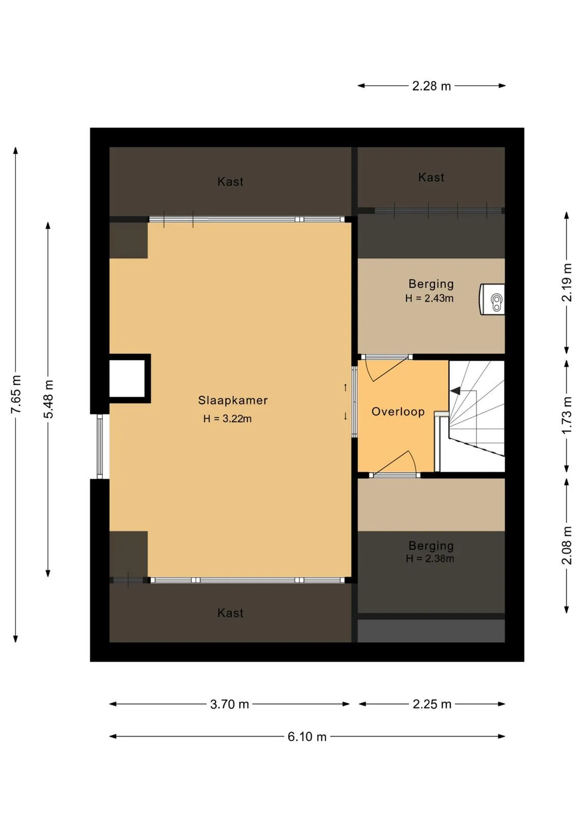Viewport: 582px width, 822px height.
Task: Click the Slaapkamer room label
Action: point(233,400)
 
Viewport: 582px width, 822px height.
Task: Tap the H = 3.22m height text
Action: point(228,418)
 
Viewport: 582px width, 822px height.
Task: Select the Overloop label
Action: point(398,412)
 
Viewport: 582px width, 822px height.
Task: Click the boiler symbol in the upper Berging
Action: point(492,299)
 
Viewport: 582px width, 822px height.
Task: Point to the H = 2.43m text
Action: point(429,298)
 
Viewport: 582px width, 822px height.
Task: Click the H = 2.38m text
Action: point(430,558)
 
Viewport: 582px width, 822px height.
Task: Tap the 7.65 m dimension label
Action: point(16,394)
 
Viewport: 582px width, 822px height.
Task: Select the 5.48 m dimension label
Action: point(48,399)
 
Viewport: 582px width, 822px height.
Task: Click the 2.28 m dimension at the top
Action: point(431,86)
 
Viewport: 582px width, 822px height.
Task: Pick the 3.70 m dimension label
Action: point(229,704)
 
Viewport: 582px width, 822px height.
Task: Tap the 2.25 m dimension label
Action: point(432,704)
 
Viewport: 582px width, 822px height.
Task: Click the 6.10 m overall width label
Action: point(307,737)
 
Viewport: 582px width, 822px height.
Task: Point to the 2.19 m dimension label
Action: point(567,283)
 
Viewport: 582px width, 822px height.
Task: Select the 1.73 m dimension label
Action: point(567,416)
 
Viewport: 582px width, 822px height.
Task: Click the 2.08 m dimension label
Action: point(567,545)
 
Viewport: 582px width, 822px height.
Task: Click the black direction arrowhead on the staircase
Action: point(455,391)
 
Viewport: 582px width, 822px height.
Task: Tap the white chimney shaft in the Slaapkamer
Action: point(127,378)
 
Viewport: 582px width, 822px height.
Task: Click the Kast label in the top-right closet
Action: point(431,177)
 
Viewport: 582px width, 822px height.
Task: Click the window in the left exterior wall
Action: point(100,446)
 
